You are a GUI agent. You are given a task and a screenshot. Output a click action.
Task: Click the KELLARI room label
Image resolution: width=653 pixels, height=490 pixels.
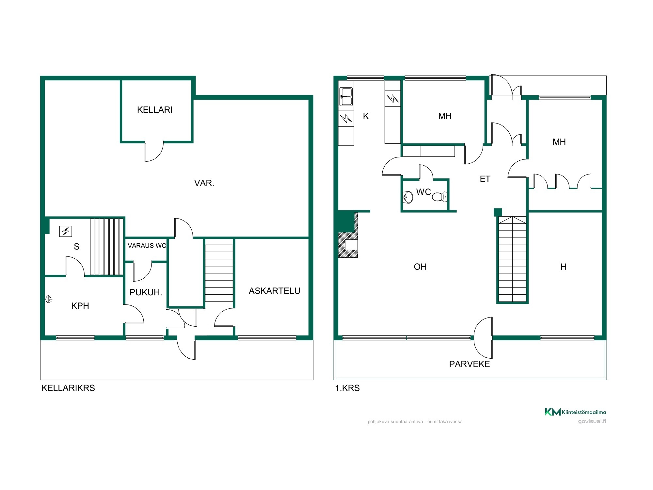click(155, 110)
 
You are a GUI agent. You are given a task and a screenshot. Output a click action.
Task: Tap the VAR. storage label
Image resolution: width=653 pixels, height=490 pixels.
click(204, 183)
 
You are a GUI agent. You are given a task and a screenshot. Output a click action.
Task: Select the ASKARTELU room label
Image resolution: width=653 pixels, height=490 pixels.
click(274, 291)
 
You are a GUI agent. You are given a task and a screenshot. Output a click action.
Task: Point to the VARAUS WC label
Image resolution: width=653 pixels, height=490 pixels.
click(147, 246)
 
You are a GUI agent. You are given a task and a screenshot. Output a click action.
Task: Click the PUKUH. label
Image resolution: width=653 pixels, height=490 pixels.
click(146, 292)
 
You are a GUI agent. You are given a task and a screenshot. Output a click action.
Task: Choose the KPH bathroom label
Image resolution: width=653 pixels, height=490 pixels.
click(80, 306)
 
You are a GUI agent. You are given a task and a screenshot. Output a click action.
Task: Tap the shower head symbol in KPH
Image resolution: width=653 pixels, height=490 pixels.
click(49, 299)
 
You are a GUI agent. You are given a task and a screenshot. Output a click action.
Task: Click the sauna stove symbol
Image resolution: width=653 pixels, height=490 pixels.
click(66, 231)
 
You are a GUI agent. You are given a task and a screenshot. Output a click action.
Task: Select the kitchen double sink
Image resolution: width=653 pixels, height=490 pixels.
click(346, 97)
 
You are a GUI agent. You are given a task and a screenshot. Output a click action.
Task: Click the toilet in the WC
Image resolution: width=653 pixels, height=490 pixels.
click(439, 197)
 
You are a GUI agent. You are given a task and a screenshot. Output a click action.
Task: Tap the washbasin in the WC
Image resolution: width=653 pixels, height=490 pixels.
click(408, 197)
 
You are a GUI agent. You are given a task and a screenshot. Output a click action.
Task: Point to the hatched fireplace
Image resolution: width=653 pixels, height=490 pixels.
click(348, 235)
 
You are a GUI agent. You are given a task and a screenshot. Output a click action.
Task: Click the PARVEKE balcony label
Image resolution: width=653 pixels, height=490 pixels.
click(470, 364)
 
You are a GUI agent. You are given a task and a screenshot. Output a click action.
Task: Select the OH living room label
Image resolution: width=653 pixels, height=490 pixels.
click(420, 267)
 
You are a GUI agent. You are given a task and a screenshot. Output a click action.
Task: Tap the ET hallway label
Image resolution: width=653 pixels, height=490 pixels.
click(485, 179)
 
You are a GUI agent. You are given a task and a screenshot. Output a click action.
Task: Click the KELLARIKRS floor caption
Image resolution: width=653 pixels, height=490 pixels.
click(68, 388)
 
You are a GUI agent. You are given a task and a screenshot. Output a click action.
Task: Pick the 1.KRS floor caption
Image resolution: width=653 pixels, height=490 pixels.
click(347, 388)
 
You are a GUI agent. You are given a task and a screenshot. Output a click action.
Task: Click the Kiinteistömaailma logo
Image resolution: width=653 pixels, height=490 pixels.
click(575, 412)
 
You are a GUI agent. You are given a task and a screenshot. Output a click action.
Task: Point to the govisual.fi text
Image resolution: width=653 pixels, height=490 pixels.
click(592, 421)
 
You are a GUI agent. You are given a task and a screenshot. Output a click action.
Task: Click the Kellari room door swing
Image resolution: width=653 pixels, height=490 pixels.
click(154, 152)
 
